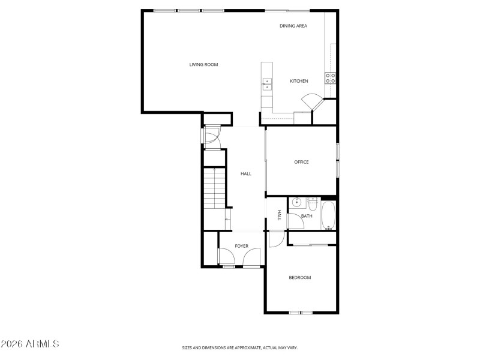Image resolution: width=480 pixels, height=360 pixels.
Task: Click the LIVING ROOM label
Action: [x=203, y=65]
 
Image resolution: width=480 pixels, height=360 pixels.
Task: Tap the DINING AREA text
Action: [x=293, y=26]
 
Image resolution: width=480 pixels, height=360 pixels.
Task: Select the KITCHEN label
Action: [x=299, y=81]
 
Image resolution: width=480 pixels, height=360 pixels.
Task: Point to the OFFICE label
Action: [x=301, y=162]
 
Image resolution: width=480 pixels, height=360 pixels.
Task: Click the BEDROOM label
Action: [x=300, y=277]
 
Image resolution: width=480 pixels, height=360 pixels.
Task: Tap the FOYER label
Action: [x=241, y=246]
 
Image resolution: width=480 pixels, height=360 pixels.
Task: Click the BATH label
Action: [x=307, y=216]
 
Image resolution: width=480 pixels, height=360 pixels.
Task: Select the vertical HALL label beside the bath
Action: [x=279, y=215]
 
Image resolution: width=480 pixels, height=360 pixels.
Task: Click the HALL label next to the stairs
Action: [x=246, y=174]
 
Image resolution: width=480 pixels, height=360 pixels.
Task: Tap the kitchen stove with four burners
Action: [x=330, y=77]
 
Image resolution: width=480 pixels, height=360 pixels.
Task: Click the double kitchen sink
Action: [x=266, y=85]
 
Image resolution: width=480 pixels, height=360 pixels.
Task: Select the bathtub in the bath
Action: [x=329, y=216]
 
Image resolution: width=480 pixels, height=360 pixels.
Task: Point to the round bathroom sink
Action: [x=296, y=203]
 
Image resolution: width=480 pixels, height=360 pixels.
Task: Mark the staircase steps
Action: [x=214, y=188]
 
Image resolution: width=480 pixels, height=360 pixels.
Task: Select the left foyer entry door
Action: [x=226, y=259]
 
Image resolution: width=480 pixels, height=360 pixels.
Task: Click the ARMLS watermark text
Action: [x=30, y=344]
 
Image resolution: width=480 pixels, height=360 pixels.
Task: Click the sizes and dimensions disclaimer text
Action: [x=240, y=347]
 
